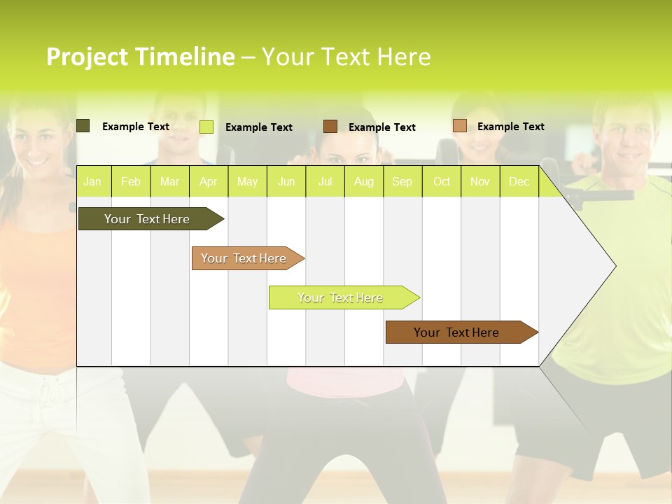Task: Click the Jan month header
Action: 92,182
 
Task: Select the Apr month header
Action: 208,182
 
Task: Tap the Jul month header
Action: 325,182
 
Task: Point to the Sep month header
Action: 402,182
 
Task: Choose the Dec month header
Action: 519,182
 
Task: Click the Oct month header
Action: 442,182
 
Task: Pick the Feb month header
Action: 131,182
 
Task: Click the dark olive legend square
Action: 83,126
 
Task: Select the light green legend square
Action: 206,127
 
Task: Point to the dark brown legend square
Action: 330,127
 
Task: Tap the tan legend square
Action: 459,126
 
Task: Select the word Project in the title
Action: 87,57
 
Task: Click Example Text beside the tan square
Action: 510,127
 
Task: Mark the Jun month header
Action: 286,182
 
